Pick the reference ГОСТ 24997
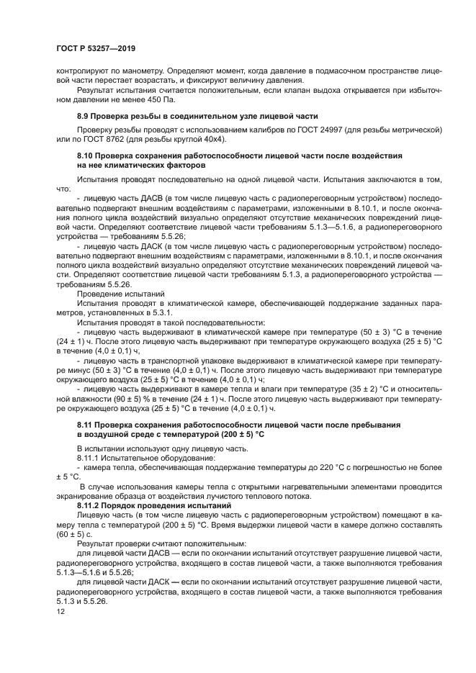click(322, 130)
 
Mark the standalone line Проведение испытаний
click(121, 294)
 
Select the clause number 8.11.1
click(89, 457)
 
